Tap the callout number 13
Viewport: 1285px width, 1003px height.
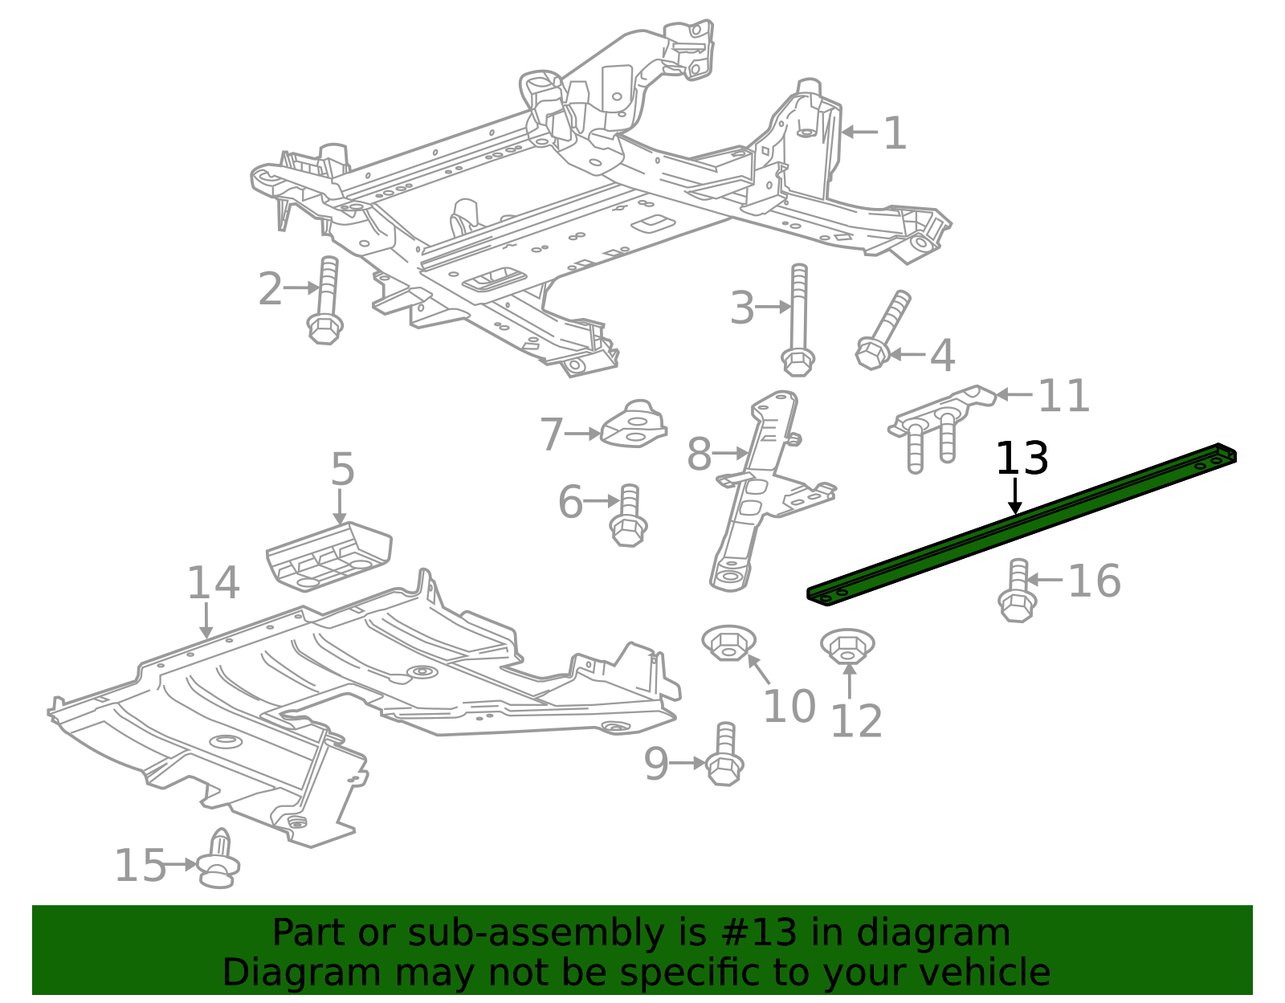1022,459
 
